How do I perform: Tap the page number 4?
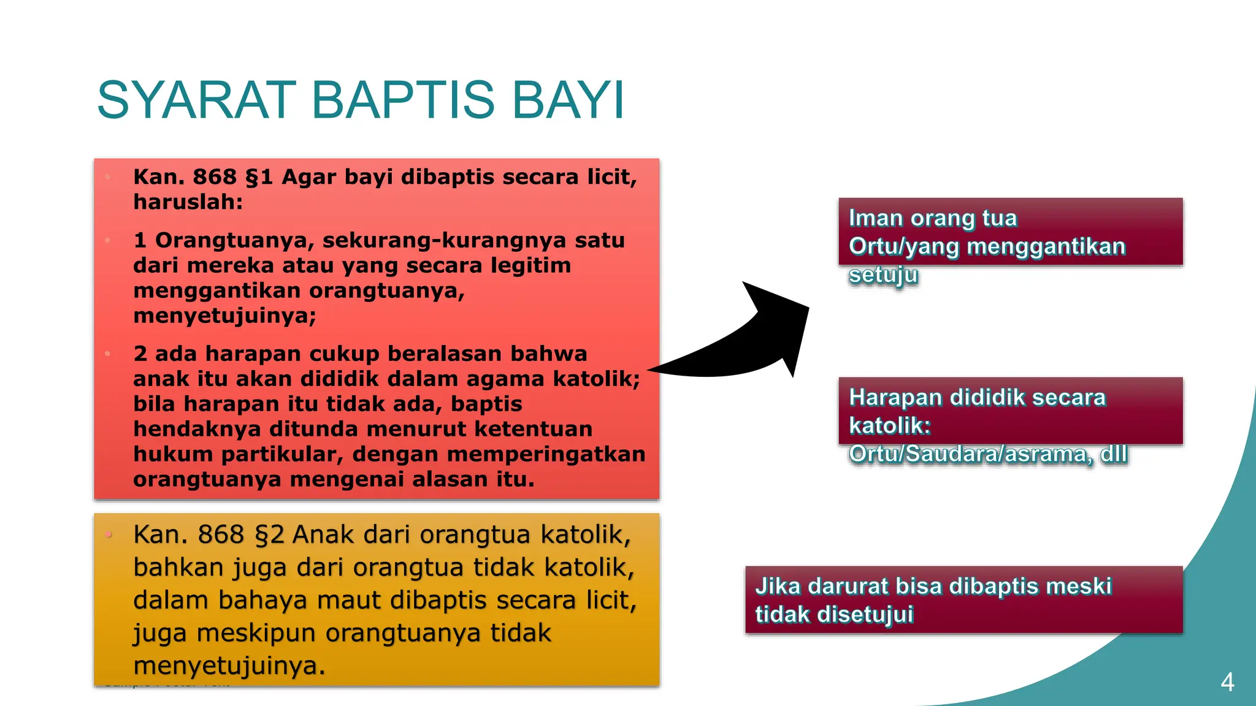(1227, 681)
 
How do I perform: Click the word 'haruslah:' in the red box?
(188, 202)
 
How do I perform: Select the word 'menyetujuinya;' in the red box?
(224, 316)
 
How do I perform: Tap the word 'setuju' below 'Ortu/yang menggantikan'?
(883, 275)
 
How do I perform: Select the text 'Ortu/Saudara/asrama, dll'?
(987, 454)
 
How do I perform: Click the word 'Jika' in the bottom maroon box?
(777, 586)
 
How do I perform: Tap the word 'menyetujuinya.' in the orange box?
(229, 666)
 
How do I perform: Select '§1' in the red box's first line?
(258, 177)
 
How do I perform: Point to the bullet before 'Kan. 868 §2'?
(109, 535)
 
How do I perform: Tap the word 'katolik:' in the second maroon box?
(889, 426)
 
